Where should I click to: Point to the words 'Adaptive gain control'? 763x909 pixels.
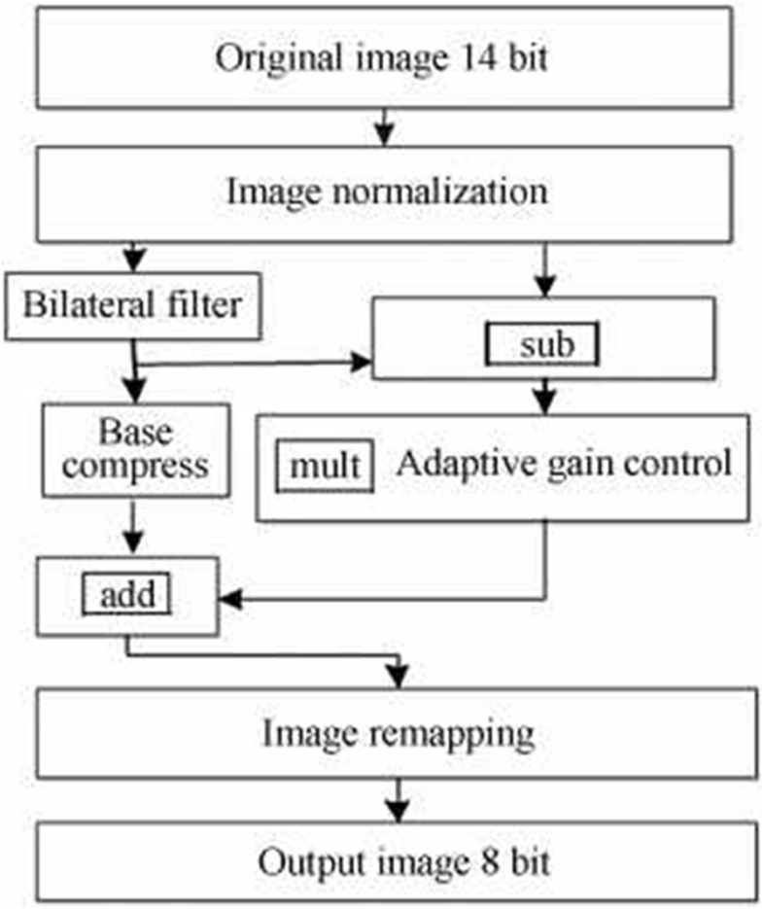point(563,464)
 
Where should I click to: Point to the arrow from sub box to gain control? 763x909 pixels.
point(546,396)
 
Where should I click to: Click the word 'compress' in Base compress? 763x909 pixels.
point(138,466)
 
